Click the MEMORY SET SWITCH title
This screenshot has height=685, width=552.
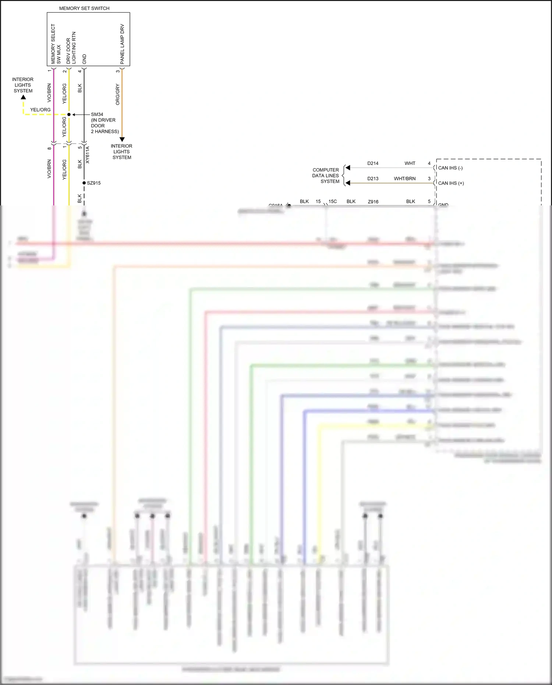84,8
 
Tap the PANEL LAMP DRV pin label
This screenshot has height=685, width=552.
122,44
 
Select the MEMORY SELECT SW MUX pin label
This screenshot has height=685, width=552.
56,44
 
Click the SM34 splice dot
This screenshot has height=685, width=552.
69,114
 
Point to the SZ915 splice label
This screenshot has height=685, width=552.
94,183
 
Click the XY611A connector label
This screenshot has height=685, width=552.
88,155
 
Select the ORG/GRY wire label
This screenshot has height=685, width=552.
118,95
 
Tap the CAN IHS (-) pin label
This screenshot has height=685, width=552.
450,168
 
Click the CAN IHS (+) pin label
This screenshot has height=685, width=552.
451,183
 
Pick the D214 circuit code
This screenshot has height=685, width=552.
373,163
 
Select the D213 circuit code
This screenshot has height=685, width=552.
373,179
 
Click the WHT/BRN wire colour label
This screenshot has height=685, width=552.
405,179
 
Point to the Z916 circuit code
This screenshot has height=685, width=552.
373,202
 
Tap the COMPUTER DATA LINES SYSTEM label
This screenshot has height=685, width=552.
326,176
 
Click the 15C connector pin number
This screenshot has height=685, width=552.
333,201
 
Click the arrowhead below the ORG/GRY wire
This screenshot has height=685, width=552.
122,140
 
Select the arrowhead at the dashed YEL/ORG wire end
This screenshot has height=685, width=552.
24,98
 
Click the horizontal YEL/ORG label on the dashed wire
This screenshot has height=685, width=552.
40,110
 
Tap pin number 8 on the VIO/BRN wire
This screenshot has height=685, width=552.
49,148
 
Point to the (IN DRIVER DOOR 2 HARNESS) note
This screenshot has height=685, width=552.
105,126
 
